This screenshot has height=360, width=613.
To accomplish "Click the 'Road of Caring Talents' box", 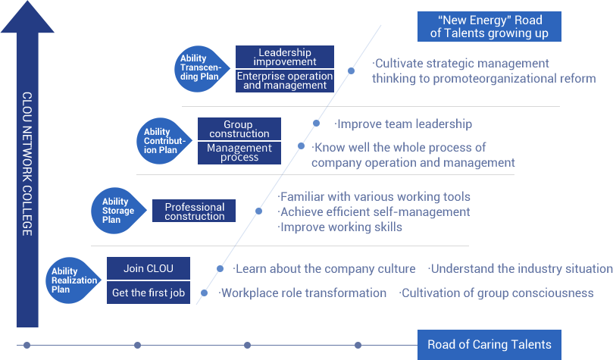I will click(489, 344).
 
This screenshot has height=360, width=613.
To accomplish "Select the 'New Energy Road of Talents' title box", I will click(489, 26).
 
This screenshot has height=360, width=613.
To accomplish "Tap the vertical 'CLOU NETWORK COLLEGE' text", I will click(27, 164).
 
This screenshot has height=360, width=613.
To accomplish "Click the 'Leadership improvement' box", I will click(285, 57).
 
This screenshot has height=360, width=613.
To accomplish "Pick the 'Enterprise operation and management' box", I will click(285, 80).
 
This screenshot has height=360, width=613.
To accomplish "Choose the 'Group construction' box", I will click(238, 129).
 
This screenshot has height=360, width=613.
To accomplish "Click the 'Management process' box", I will click(239, 152).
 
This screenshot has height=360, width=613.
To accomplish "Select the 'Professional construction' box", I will click(195, 211).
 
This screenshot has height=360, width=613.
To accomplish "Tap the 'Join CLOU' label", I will click(149, 268).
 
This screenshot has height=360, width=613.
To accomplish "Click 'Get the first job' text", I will click(149, 293).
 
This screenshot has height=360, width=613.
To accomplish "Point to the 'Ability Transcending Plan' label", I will click(201, 67).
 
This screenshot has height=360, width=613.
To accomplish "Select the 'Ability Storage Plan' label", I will click(118, 211).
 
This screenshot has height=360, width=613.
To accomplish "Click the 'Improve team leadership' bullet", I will click(404, 124).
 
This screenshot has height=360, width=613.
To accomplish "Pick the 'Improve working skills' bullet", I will click(340, 227).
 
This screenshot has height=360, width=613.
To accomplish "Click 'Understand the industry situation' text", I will click(521, 268).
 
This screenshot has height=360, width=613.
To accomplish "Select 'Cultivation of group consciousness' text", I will click(496, 293).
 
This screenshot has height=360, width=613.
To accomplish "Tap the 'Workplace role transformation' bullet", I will click(303, 293).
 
